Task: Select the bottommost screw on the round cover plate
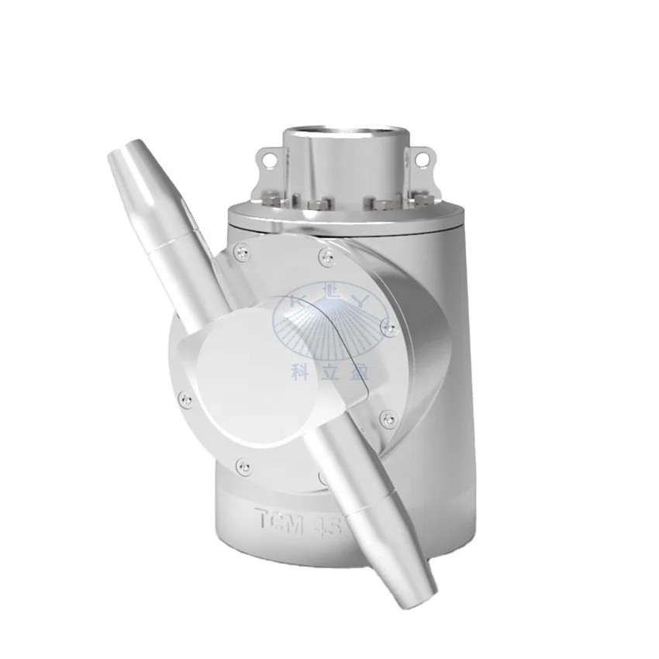point(244,467)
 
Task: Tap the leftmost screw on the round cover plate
point(185,399)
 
